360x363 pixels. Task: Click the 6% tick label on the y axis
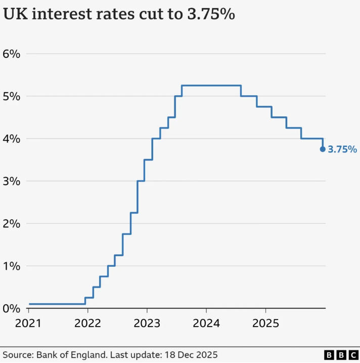click(x=12, y=54)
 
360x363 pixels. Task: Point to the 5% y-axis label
click(x=12, y=96)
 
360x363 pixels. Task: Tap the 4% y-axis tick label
click(x=12, y=139)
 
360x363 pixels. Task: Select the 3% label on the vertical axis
click(x=12, y=181)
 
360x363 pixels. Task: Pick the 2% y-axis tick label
click(x=12, y=224)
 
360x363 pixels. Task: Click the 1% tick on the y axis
click(x=12, y=266)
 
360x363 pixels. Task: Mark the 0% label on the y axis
click(x=12, y=308)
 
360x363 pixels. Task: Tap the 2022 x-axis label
click(x=88, y=322)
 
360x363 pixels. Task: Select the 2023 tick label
click(x=147, y=322)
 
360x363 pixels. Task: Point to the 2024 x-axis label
click(x=206, y=322)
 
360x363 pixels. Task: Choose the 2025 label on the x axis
click(x=265, y=322)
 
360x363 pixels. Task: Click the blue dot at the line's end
click(x=323, y=149)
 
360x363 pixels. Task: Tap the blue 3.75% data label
click(x=342, y=149)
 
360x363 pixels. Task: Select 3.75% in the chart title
click(x=208, y=15)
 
